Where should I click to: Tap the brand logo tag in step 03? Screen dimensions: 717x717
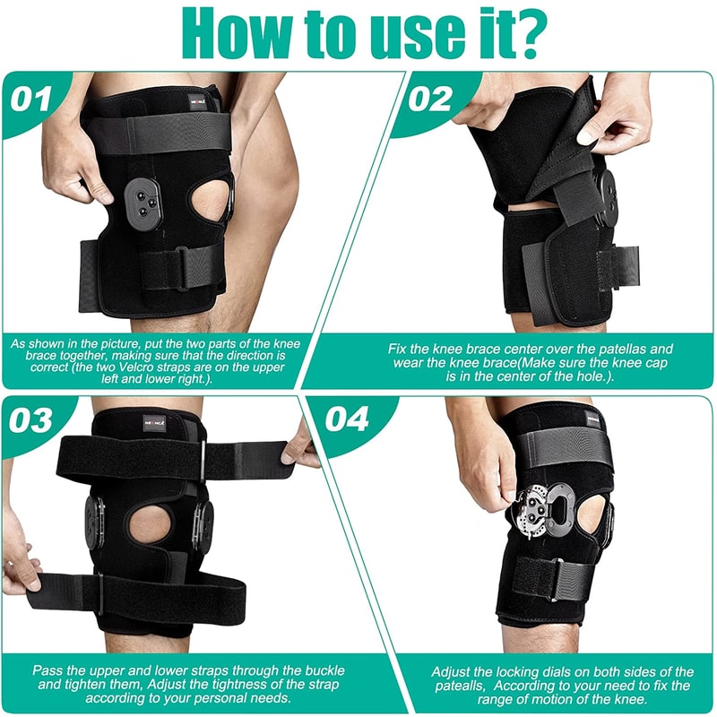pyautogui.click(x=160, y=419)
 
